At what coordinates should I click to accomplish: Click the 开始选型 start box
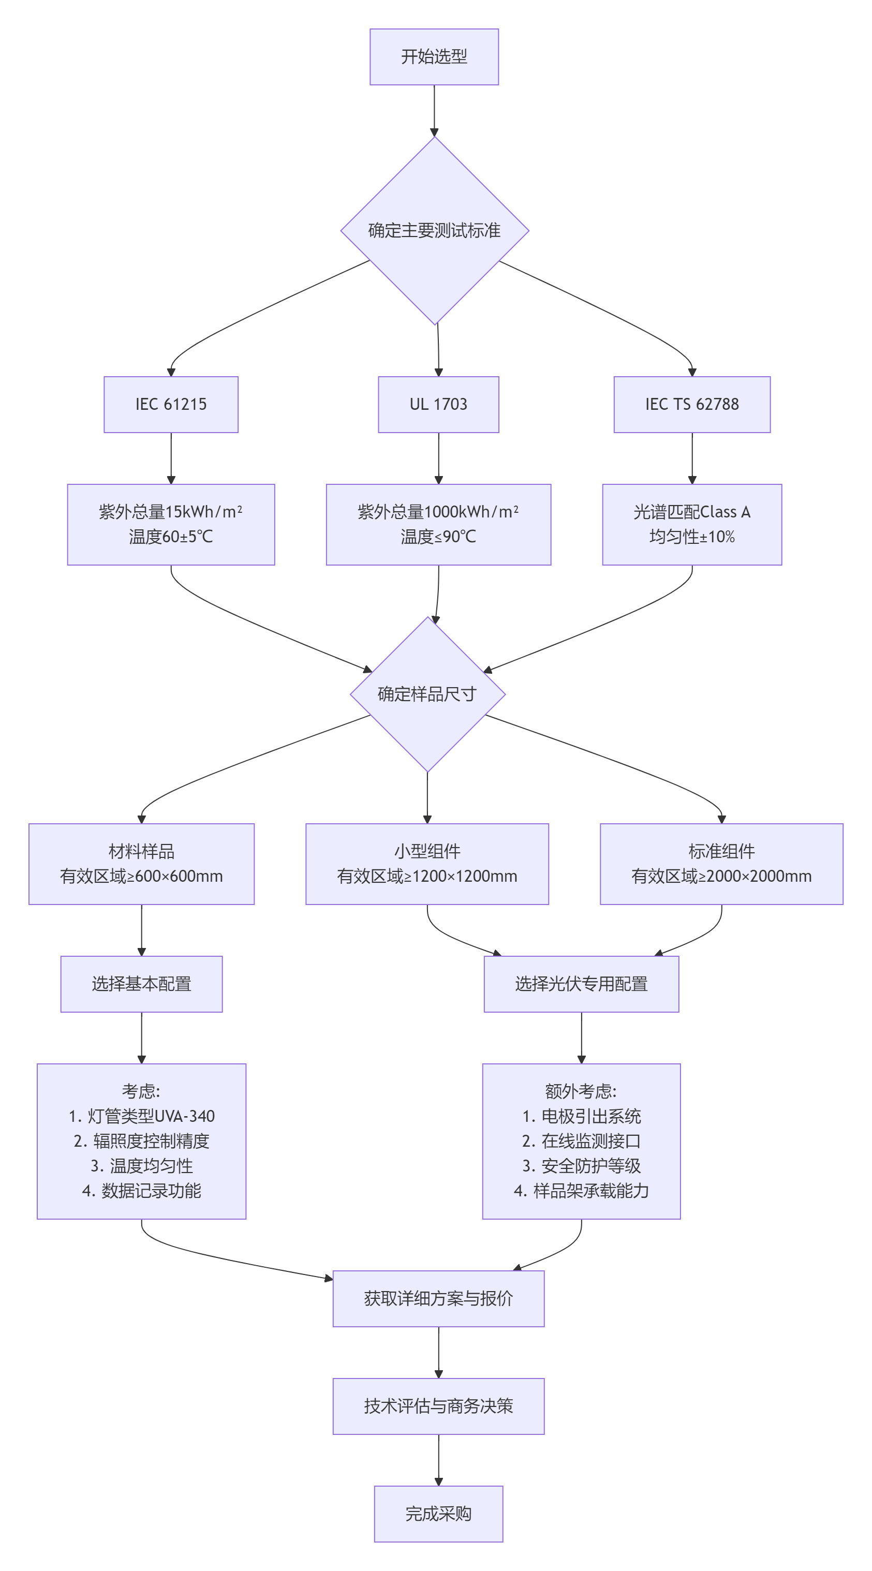pos(434,57)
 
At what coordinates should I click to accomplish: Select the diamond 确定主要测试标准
pos(434,231)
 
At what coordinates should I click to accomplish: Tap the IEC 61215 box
pos(171,404)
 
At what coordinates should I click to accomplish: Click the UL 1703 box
pos(438,404)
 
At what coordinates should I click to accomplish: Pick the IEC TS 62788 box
pos(691,404)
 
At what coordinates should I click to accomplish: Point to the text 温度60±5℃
pos(171,537)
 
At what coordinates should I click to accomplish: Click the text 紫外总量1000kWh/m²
pos(438,512)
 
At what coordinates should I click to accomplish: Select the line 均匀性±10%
pos(691,537)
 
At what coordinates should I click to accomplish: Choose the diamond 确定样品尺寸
pos(427,694)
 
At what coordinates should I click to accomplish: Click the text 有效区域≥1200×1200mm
pos(427,877)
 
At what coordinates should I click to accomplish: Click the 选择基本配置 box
pos(141,984)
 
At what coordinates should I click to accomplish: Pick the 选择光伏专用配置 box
pos(581,984)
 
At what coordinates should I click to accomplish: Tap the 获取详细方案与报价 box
pos(438,1298)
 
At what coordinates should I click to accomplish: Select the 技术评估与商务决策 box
pos(438,1406)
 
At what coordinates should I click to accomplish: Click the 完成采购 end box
pos(438,1514)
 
